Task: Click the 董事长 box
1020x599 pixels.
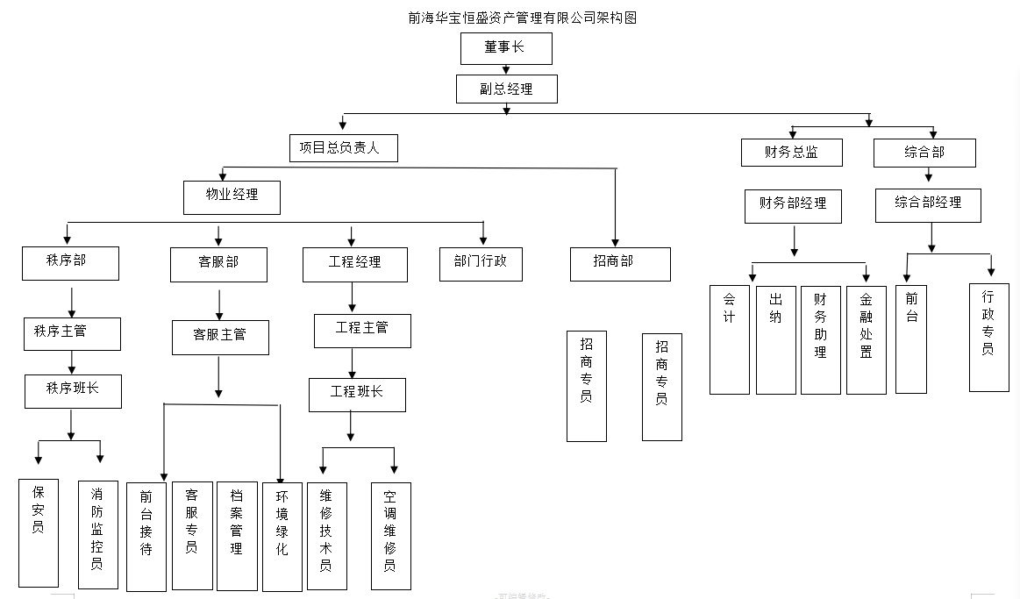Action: (x=506, y=48)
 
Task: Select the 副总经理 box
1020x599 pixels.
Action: (x=506, y=89)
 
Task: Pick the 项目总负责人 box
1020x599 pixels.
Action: (x=343, y=148)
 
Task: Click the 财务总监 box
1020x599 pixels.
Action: (x=791, y=153)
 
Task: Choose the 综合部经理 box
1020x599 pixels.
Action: (x=928, y=205)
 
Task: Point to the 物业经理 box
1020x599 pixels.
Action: (x=232, y=197)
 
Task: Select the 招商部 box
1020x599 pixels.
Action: (x=620, y=264)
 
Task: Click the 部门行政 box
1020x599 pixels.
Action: (x=481, y=263)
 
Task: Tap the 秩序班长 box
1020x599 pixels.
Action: (x=73, y=391)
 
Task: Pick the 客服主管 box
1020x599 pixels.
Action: (x=220, y=337)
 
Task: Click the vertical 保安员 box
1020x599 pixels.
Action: (x=39, y=532)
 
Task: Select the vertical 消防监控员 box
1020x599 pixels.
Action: (x=97, y=534)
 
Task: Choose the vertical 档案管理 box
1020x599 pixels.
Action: (x=237, y=536)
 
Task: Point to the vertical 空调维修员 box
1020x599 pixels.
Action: (x=390, y=535)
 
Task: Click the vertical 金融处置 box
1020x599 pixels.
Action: (x=866, y=339)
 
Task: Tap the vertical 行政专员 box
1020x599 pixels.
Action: (x=988, y=337)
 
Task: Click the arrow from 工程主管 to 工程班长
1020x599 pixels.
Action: (x=353, y=363)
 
